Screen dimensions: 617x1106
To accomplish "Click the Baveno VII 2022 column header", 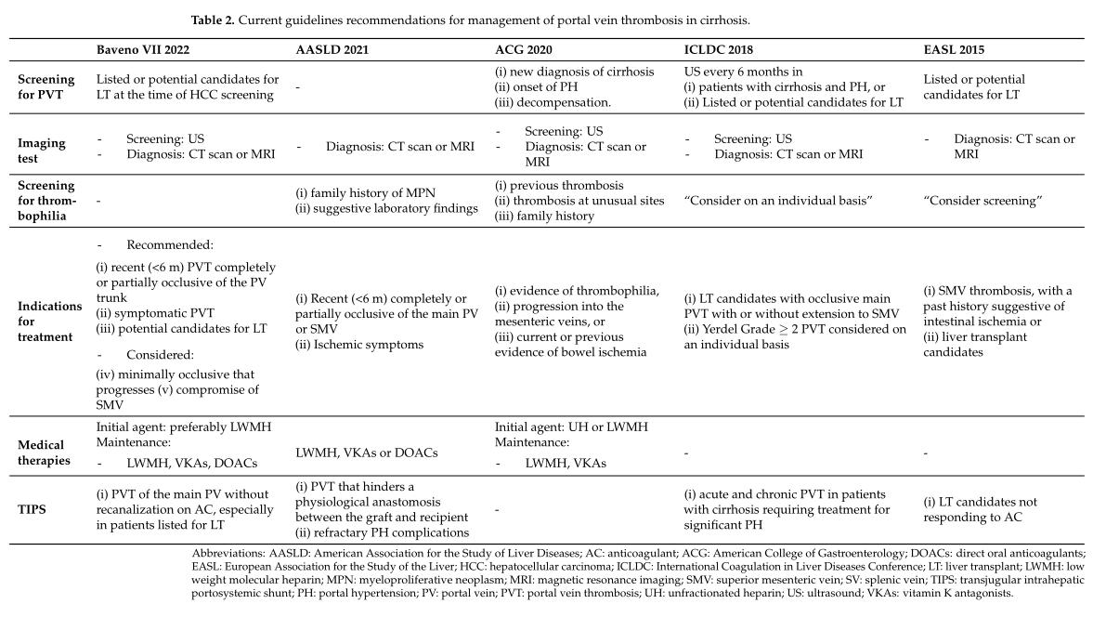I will coord(141,50).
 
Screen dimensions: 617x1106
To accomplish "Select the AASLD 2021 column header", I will coord(330,50).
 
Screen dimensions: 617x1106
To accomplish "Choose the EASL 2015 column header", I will coord(954,50).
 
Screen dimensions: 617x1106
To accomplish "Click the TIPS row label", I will coord(33,509).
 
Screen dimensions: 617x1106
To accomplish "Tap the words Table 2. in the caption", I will coord(213,20).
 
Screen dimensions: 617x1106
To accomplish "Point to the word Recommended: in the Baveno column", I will coord(169,245).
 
